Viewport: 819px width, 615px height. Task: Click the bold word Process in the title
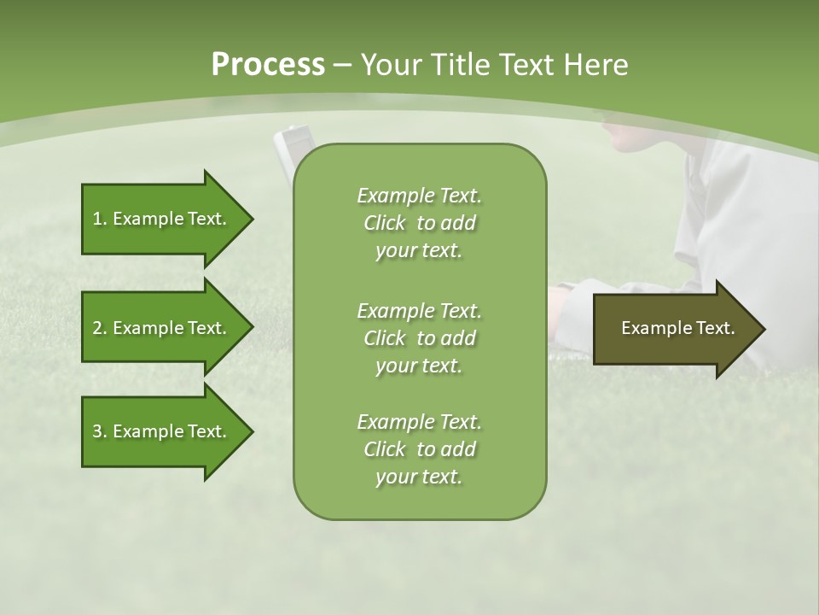pyautogui.click(x=268, y=65)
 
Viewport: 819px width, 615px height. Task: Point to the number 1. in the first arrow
pyautogui.click(x=99, y=219)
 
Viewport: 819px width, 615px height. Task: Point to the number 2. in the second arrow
pyautogui.click(x=99, y=328)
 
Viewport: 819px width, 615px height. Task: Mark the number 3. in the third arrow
pyautogui.click(x=99, y=431)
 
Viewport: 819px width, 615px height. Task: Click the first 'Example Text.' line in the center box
pyautogui.click(x=419, y=196)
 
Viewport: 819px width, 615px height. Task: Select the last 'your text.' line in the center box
pyautogui.click(x=419, y=477)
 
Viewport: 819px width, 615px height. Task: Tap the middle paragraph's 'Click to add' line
pyautogui.click(x=419, y=338)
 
